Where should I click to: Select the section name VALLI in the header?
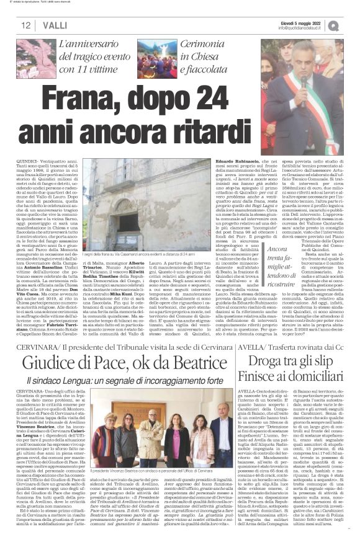(55, 24)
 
